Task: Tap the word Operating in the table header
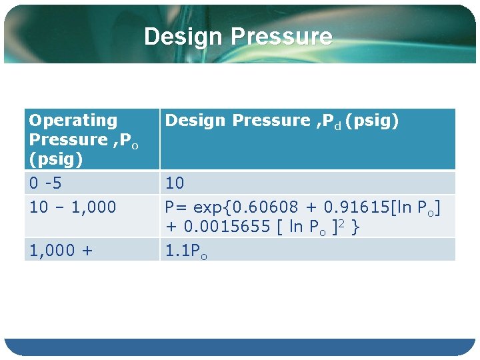(73, 121)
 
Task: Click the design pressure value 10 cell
(175, 183)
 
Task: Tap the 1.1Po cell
(186, 251)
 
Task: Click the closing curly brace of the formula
(356, 227)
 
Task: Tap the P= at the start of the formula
(175, 207)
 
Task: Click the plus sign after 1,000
(88, 251)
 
